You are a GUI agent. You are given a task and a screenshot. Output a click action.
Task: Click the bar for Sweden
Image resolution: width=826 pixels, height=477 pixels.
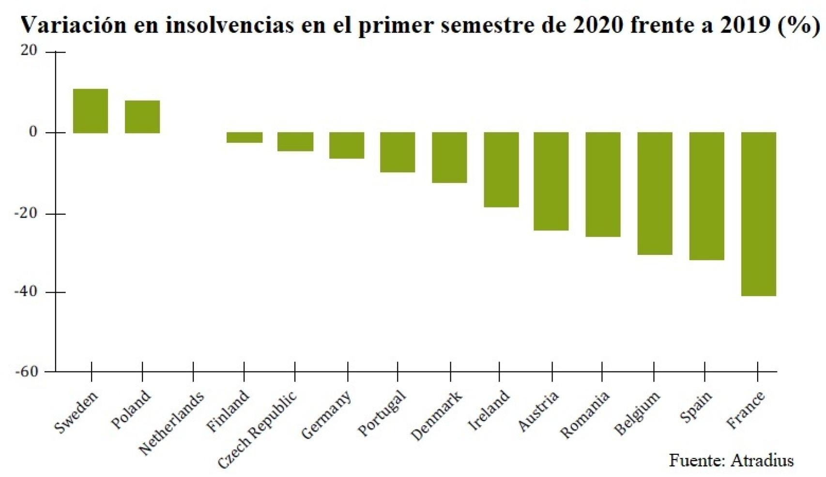pos(91,111)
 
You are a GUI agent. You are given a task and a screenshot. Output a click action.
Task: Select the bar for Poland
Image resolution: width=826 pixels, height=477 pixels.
pos(142,117)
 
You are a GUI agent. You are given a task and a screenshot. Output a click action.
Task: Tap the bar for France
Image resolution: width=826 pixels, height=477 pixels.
pos(758,214)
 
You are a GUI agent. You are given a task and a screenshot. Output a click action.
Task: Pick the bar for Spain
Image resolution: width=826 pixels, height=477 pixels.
pos(706,196)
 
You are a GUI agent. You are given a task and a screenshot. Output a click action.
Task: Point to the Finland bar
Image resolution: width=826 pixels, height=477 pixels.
pos(245,137)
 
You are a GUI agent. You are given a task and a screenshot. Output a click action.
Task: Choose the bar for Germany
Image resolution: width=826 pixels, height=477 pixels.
pos(347,145)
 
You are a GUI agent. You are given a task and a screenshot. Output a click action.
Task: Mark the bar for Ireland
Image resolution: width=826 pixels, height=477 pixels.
pos(501,169)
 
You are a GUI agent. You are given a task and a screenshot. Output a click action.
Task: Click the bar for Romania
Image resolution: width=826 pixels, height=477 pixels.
pos(603,184)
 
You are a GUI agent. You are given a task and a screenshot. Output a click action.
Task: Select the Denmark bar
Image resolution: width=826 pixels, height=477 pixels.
pos(449,157)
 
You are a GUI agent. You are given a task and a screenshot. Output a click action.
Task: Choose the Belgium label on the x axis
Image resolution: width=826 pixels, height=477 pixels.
pos(637,413)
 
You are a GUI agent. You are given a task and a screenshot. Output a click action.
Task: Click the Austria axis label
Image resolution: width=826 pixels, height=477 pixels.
pos(538,410)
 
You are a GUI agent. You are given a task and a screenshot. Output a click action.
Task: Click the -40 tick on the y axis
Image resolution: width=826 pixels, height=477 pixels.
pos(26,292)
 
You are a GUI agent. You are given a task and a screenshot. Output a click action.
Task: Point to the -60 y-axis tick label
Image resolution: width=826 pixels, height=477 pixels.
pos(26,372)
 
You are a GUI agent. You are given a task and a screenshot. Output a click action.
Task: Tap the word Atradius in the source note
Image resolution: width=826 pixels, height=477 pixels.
pos(762,460)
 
